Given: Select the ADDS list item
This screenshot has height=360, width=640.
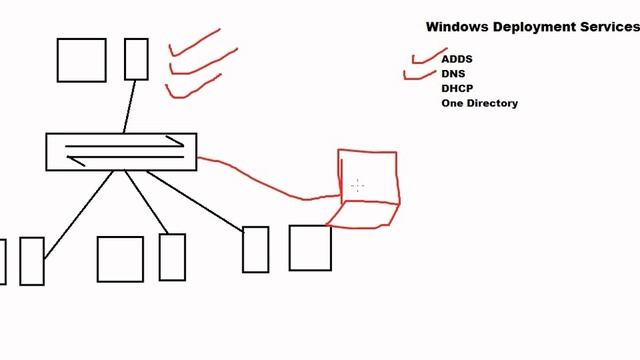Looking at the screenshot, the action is pyautogui.click(x=457, y=59).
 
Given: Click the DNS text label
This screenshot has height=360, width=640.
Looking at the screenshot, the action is pyautogui.click(x=453, y=74).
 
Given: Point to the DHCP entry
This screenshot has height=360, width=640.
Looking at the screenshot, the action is pyautogui.click(x=457, y=88).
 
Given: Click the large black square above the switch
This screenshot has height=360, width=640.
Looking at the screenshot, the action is pyautogui.click(x=81, y=60).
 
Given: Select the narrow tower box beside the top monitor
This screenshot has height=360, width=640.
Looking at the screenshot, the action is pyautogui.click(x=136, y=59).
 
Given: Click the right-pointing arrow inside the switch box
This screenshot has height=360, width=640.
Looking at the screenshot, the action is pyautogui.click(x=125, y=144).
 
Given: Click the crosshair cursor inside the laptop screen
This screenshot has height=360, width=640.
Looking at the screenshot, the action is pyautogui.click(x=357, y=185).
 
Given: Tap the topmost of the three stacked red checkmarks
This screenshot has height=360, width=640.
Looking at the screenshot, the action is pyautogui.click(x=195, y=41).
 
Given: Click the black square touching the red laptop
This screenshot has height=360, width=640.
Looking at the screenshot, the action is pyautogui.click(x=310, y=248).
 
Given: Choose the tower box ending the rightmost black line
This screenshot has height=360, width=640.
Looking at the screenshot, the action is pyautogui.click(x=255, y=249).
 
